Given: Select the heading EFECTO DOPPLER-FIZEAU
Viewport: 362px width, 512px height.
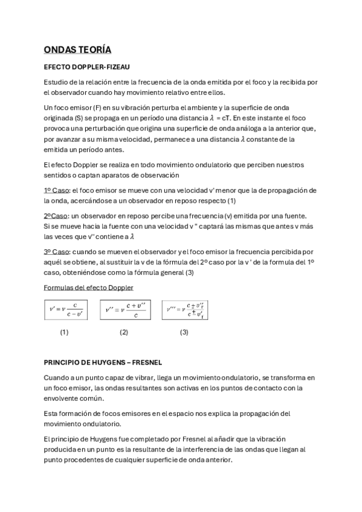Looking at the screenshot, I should coord(87,66).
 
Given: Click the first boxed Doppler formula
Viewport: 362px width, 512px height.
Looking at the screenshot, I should coord(65,310).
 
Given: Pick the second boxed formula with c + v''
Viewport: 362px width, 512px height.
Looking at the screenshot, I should coord(125,310).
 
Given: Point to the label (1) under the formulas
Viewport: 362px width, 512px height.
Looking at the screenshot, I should coord(64,332).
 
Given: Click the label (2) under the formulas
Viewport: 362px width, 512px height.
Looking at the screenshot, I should coord(124,332).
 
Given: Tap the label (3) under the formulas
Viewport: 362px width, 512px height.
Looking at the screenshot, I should coord(184,332).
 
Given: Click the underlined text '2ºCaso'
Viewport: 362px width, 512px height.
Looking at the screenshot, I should coord(56,216).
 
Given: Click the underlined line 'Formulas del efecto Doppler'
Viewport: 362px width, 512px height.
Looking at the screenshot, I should coord(88,287).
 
